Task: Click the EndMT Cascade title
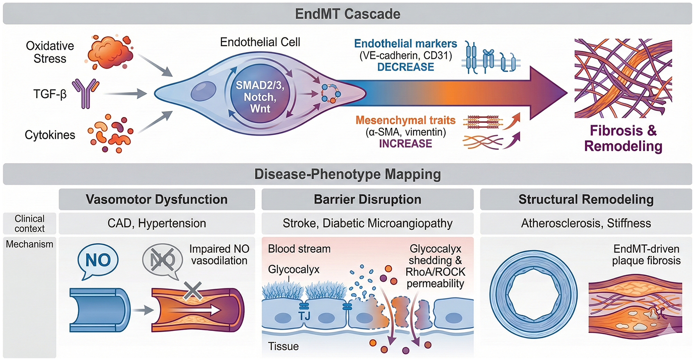347,14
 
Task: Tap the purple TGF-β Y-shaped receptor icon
85,94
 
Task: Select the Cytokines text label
50,135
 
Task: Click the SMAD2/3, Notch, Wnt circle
260,97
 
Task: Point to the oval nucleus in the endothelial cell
204,91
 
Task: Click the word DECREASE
405,67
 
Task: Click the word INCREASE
405,144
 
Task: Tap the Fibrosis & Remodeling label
623,138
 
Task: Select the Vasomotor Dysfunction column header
157,199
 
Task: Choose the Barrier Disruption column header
367,199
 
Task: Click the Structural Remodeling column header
586,199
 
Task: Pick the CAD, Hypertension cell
157,223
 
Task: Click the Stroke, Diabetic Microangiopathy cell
367,223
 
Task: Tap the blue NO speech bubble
98,260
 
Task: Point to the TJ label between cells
304,315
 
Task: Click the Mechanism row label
30,244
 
